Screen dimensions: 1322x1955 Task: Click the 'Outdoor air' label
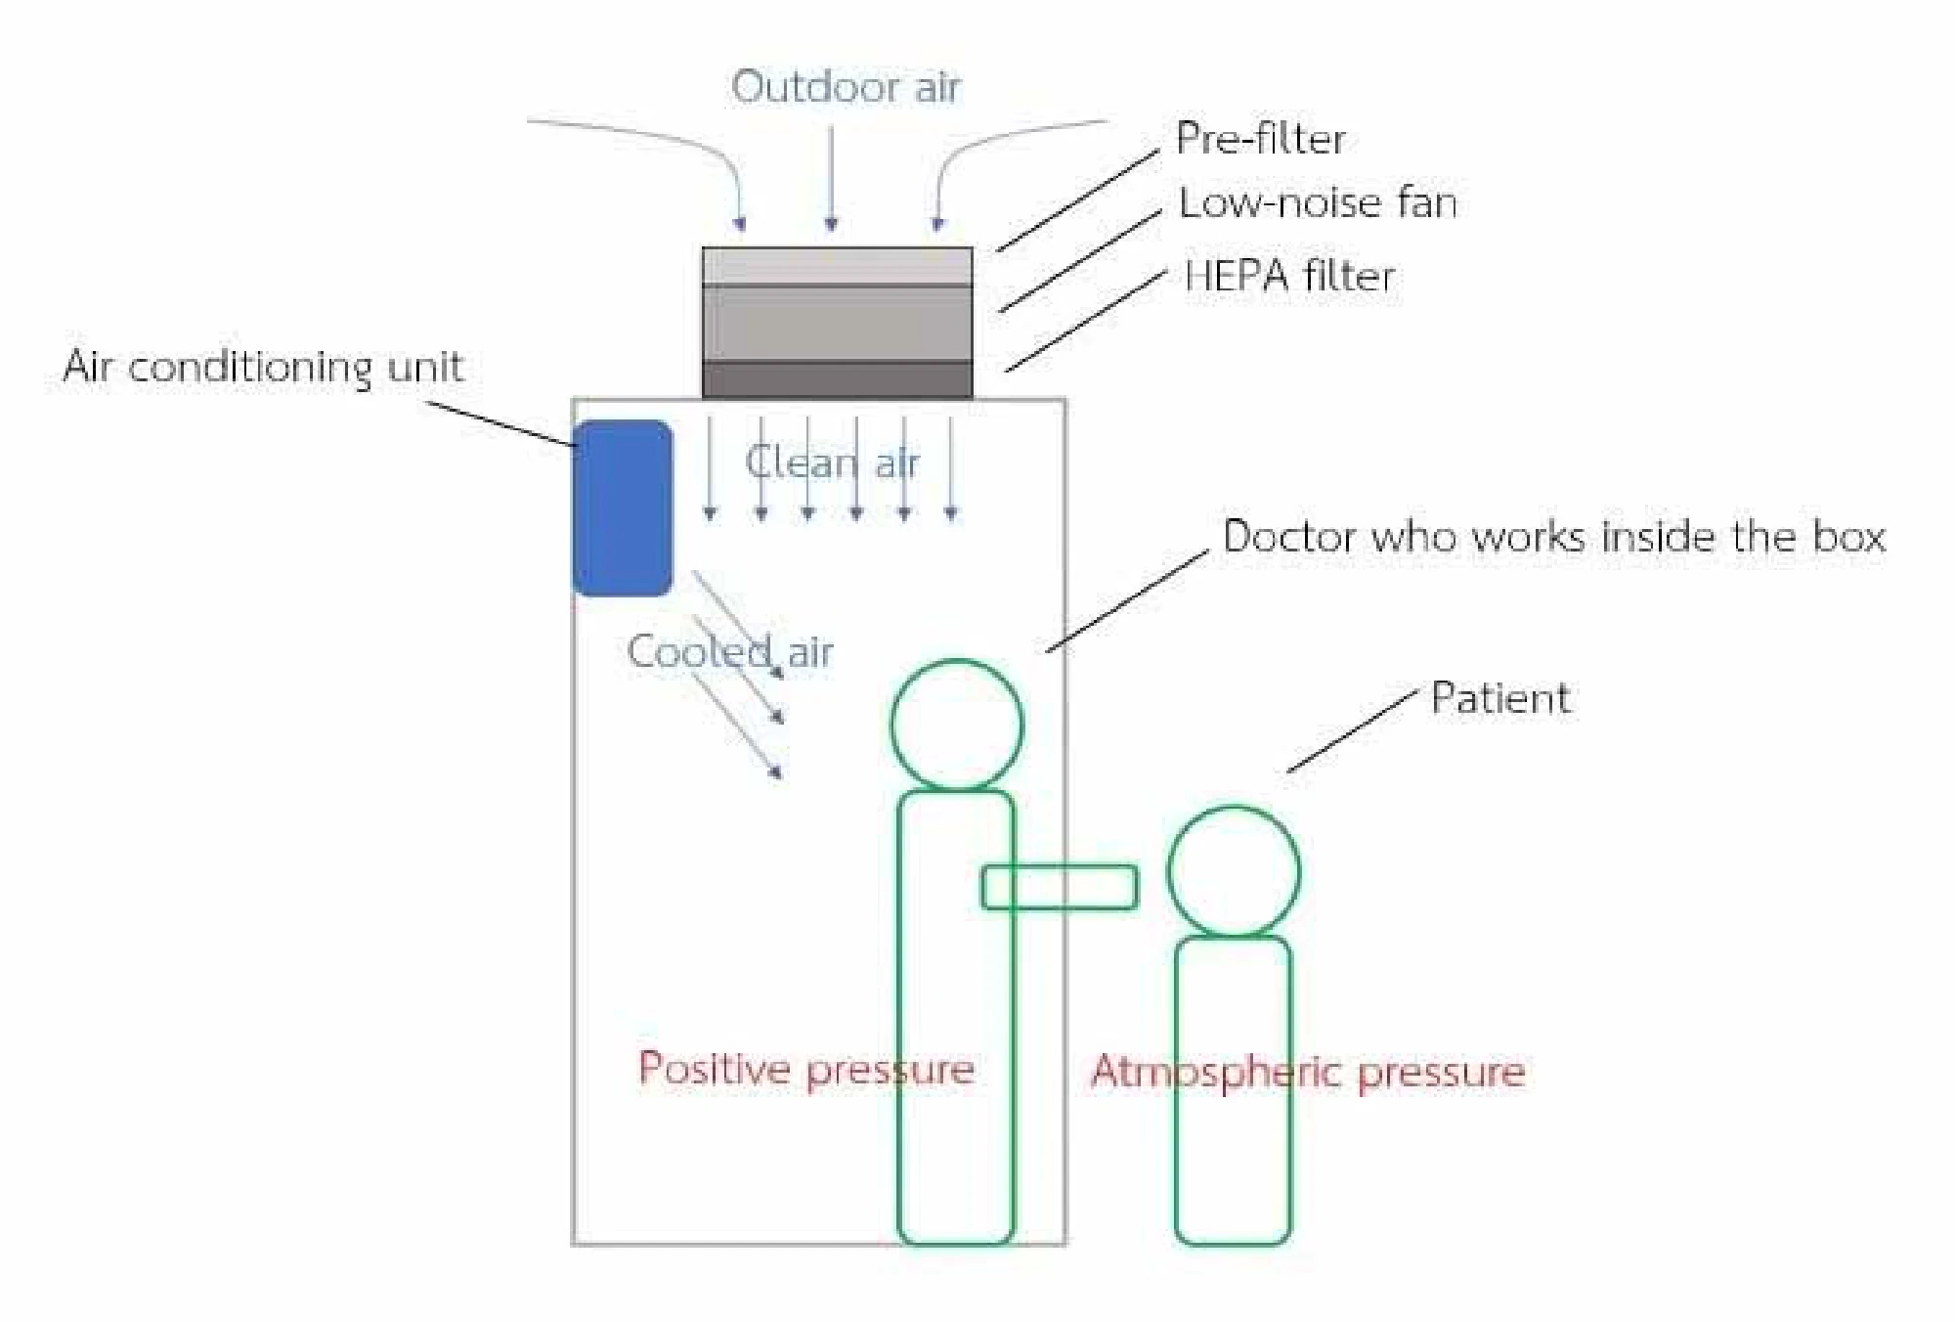(847, 87)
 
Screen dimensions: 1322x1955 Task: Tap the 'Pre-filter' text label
(1260, 139)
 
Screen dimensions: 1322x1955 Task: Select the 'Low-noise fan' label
(1317, 203)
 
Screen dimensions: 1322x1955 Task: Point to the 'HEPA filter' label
(1288, 276)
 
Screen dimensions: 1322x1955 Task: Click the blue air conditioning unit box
(623, 507)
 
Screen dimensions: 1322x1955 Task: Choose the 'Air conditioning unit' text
(262, 367)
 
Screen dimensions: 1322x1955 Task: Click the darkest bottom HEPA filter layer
(837, 379)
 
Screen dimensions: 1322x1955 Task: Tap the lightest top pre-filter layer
(837, 266)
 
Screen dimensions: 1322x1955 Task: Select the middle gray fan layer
(837, 323)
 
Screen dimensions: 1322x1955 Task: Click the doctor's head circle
(957, 725)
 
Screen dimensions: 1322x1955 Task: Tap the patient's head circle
(1234, 871)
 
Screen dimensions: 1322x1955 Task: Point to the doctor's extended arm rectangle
(1060, 887)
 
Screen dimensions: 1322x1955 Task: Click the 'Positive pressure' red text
(805, 1069)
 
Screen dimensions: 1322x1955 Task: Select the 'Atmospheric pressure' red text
(1308, 1072)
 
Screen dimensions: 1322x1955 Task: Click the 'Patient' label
(1500, 699)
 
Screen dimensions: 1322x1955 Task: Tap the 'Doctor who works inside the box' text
(1553, 537)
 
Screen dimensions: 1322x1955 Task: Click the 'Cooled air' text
(729, 651)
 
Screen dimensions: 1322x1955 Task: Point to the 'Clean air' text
(832, 463)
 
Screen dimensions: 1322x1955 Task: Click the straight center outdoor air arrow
(832, 176)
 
